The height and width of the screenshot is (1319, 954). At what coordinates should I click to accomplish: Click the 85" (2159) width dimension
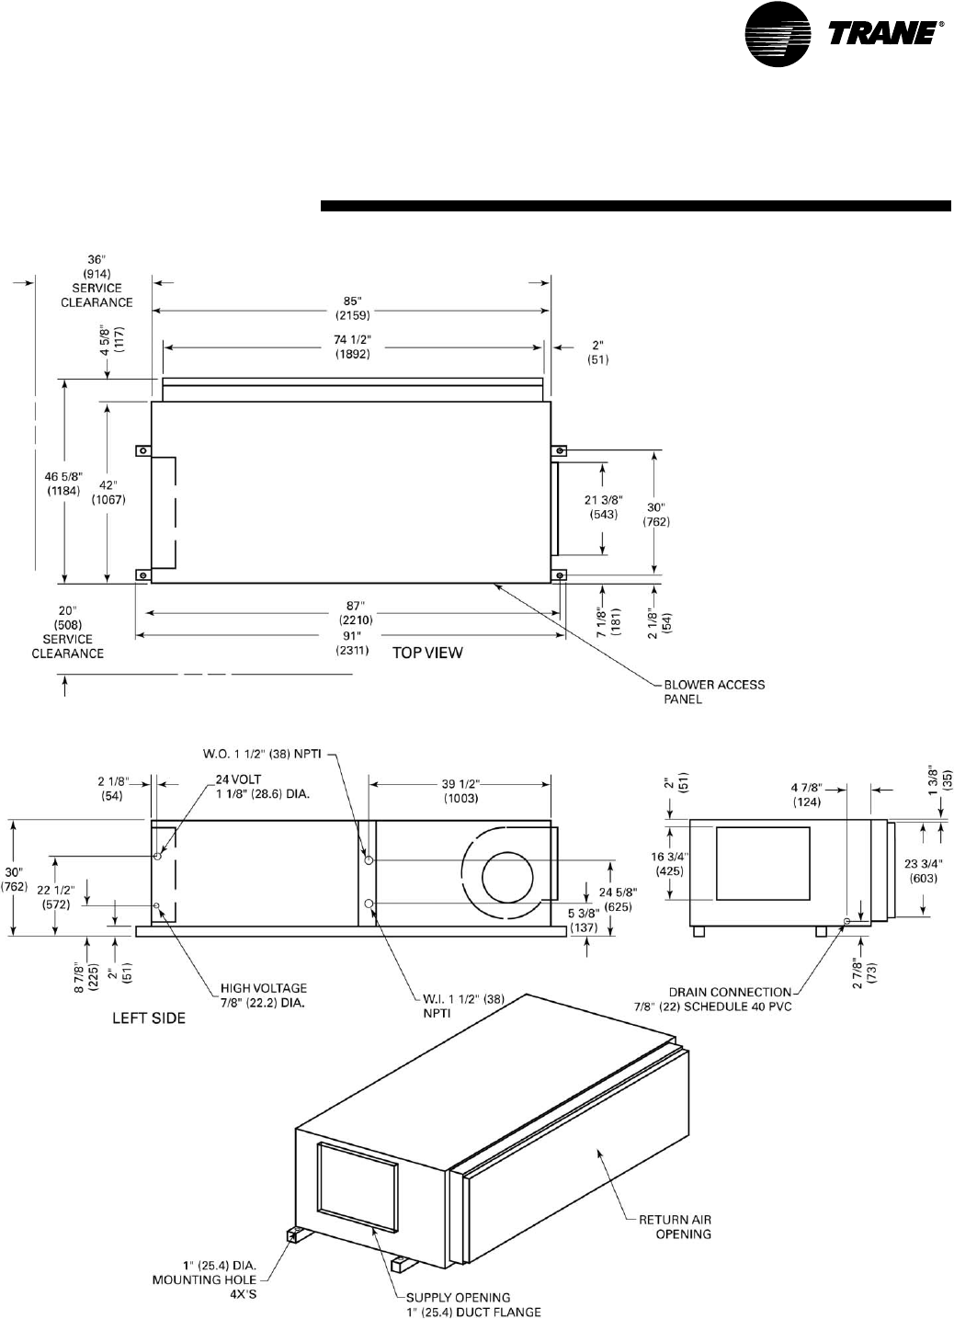coord(351,305)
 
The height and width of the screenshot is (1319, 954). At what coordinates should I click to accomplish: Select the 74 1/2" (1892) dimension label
coord(351,347)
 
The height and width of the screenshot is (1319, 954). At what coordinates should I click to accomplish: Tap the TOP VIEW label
coord(428,653)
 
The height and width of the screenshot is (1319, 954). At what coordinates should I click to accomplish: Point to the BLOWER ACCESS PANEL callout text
coord(714,691)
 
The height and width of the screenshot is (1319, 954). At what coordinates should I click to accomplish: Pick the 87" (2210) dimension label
coord(352,613)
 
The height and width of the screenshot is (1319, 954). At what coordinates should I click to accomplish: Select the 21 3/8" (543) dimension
coord(604,507)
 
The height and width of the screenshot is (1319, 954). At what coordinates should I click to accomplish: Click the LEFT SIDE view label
coord(149,1018)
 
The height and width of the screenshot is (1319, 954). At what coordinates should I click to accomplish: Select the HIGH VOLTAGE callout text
coord(263,995)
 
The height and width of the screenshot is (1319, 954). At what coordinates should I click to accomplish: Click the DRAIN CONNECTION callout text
coord(731,999)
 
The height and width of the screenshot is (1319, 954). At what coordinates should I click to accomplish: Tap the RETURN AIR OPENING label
coord(676,1226)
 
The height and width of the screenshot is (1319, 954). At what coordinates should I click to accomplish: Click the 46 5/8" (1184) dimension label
coord(64,483)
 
